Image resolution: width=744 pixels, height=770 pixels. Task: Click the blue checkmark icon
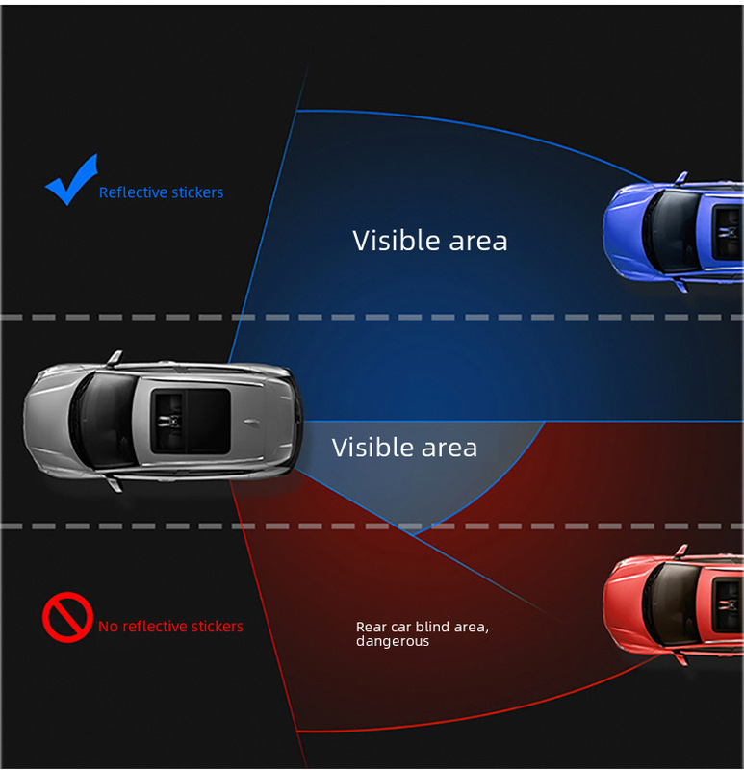click(70, 180)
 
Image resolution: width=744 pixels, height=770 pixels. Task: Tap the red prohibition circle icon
click(66, 617)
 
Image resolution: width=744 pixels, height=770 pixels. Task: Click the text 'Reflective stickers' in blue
click(161, 192)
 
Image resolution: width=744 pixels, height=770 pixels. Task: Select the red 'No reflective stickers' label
click(170, 627)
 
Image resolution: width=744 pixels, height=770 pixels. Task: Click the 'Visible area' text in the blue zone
click(429, 241)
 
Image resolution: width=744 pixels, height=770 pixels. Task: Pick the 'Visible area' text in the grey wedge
click(404, 448)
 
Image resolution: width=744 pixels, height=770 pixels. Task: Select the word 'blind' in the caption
click(428, 628)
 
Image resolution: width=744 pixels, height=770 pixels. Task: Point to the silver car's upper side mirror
click(115, 358)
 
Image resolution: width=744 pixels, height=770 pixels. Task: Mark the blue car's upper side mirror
click(681, 178)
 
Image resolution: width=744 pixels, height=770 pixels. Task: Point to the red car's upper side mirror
click(681, 552)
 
